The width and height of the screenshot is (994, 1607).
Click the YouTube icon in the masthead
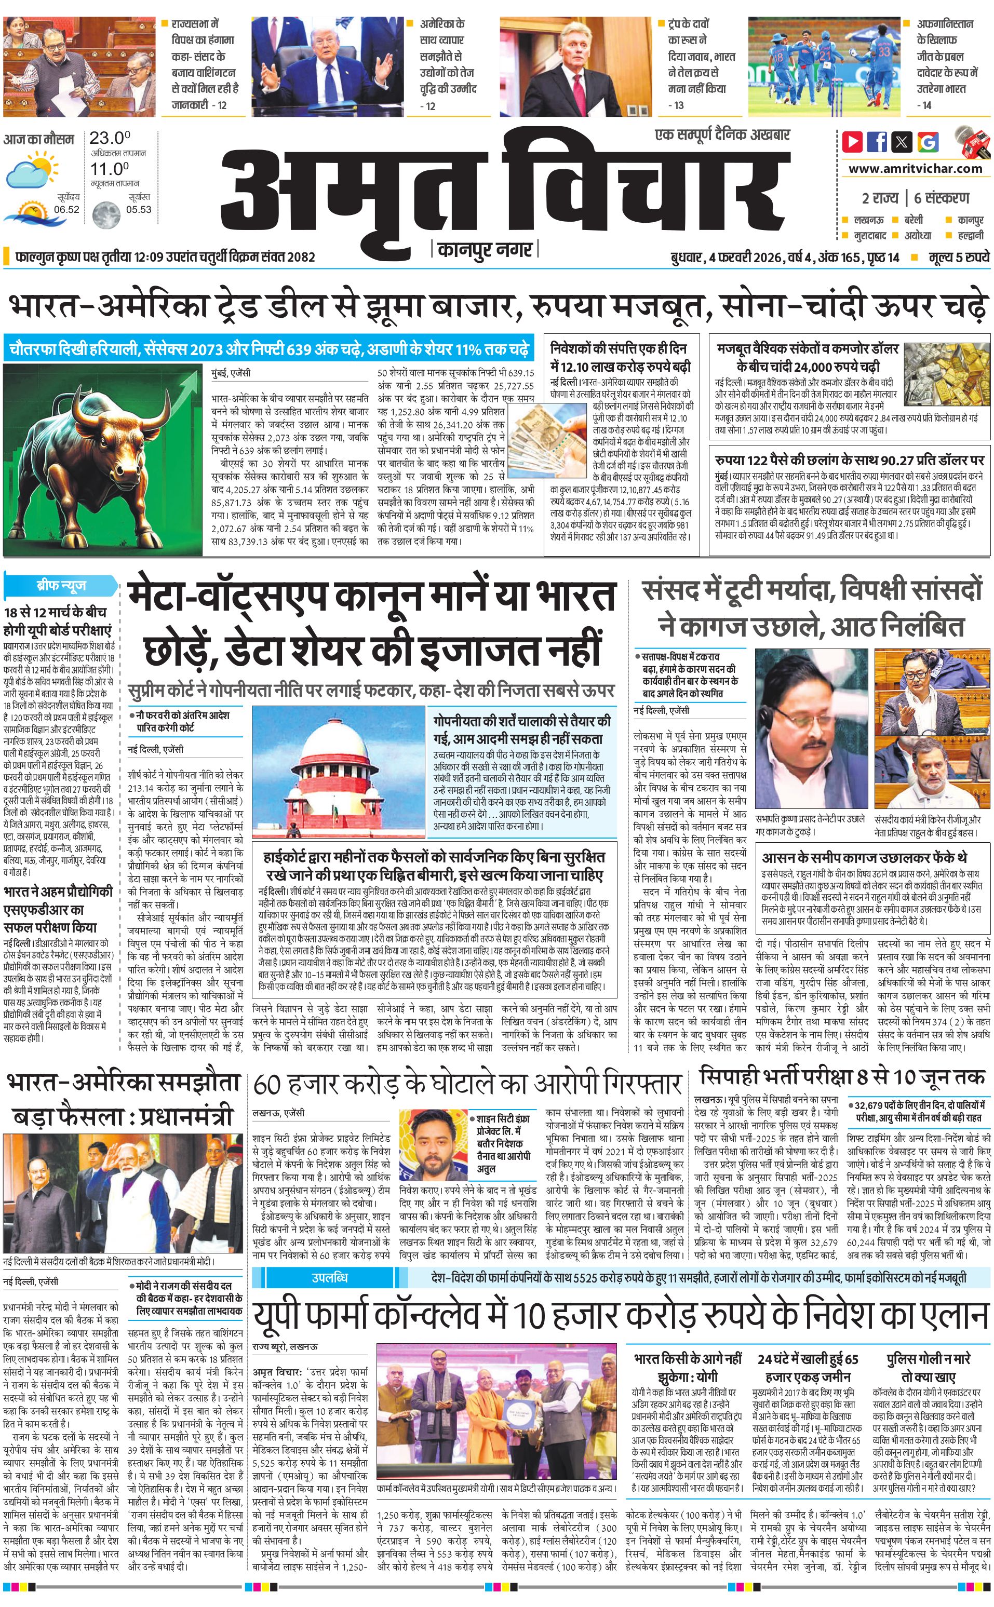coord(853,142)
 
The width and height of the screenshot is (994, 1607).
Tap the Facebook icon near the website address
coord(877,142)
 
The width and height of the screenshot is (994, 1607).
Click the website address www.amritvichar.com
coord(915,168)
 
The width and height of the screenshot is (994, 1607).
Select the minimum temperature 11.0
coord(110,169)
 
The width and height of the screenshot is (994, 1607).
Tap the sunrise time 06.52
coord(66,210)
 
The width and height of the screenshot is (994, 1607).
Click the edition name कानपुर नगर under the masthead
coord(485,250)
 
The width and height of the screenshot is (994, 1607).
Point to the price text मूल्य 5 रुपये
coord(959,257)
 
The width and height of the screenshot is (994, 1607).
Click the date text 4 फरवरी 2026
coord(745,257)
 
